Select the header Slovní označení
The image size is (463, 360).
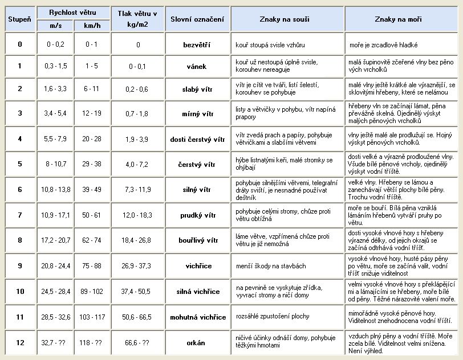197,19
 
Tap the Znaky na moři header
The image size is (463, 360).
402,19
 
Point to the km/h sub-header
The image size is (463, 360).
92,26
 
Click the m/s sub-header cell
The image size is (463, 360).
56,26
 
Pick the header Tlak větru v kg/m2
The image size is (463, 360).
138,19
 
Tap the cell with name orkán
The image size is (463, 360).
197,343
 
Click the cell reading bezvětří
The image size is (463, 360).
197,44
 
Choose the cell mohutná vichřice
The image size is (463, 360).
197,317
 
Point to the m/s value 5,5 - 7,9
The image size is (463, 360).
56,139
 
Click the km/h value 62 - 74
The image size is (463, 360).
92,241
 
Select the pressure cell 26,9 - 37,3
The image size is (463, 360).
138,266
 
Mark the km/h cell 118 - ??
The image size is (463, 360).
92,343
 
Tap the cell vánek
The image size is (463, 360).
197,66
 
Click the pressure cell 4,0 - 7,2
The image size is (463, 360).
138,165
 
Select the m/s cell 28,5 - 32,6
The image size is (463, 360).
56,317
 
